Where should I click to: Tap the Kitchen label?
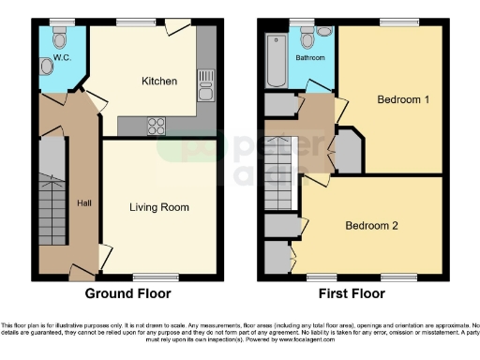(x=159, y=82)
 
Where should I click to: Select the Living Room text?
(x=159, y=207)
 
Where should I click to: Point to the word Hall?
(x=84, y=203)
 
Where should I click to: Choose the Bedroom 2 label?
(x=372, y=225)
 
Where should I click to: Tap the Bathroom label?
(x=309, y=58)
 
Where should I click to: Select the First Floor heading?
(x=352, y=293)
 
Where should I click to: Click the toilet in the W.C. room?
(x=60, y=40)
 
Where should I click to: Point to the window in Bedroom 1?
(x=392, y=22)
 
